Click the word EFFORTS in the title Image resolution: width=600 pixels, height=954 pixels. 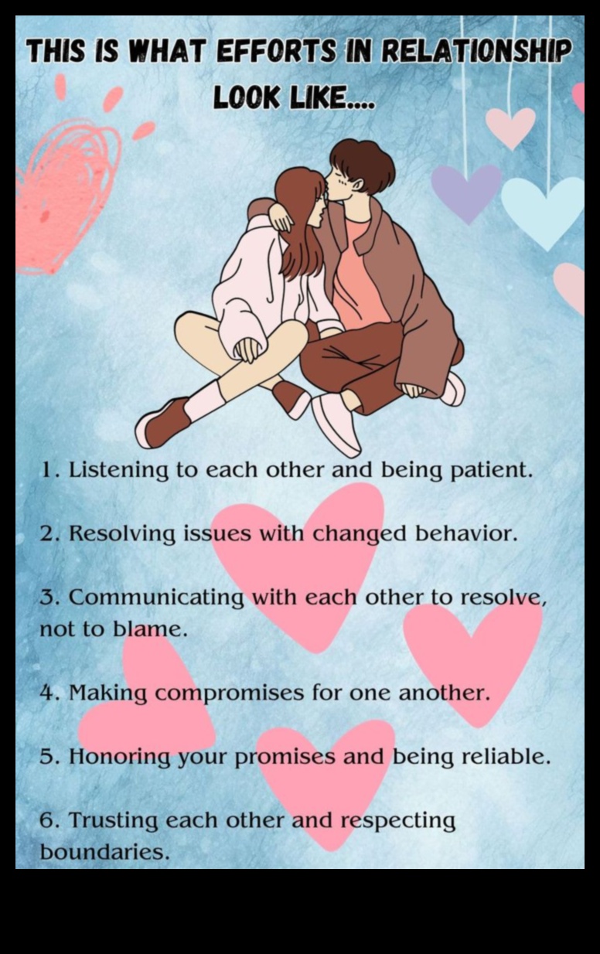(276, 53)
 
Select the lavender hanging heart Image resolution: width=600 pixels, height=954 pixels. (465, 190)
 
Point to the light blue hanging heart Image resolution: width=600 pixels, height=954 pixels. (544, 210)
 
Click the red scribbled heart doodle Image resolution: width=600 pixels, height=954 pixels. (66, 193)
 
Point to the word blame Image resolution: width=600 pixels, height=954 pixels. (150, 629)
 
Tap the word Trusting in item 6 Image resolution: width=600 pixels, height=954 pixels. (114, 819)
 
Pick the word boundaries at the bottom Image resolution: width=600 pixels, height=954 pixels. (103, 852)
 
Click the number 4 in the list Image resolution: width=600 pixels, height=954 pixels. (48, 693)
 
